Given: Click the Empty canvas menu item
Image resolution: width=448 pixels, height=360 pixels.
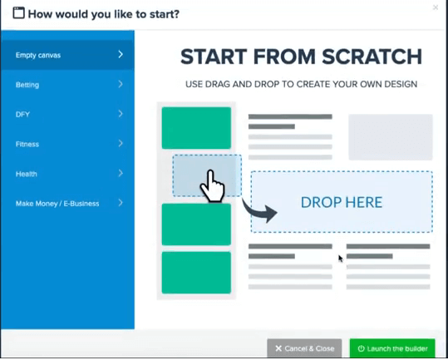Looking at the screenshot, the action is (x=67, y=55).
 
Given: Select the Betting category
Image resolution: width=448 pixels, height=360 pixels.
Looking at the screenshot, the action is (x=67, y=85).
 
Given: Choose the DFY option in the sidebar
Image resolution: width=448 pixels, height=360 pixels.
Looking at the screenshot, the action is (x=67, y=114).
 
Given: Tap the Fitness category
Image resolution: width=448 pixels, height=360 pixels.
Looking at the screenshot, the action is (x=67, y=144).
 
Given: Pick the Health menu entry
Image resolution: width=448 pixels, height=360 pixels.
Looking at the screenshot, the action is (x=67, y=174).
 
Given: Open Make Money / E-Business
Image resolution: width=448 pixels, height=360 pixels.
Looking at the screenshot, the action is (x=67, y=203).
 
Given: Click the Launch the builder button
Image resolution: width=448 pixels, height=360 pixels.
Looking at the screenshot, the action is (x=392, y=348).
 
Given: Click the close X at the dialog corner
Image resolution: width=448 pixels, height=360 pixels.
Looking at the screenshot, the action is (x=436, y=7).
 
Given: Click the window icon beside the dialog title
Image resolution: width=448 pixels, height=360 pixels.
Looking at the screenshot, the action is (x=18, y=12).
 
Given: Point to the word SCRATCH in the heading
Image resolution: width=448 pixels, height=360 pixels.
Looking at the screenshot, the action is (x=372, y=57).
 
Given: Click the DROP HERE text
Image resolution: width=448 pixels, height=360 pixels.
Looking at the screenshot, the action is (x=342, y=202).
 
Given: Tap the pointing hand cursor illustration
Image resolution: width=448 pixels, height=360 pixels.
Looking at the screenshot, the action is (x=212, y=186).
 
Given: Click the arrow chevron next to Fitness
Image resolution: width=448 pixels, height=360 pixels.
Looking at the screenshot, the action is (x=121, y=143).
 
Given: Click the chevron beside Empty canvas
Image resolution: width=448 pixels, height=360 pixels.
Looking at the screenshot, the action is (x=121, y=54).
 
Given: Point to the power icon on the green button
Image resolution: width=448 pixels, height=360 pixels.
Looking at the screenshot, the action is (x=361, y=348).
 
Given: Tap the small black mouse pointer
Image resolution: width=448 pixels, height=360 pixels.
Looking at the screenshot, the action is (x=341, y=259).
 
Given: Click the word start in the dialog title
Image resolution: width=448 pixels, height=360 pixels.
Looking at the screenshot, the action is (x=163, y=13).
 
